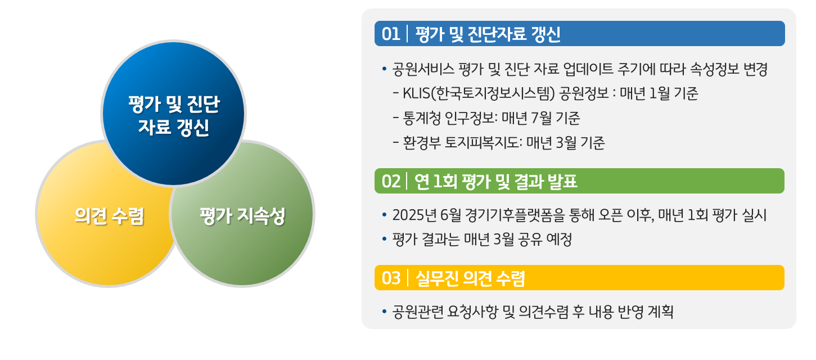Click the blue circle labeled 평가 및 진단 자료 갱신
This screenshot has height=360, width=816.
173,113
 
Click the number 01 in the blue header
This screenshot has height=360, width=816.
391,34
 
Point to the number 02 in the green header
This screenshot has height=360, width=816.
391,182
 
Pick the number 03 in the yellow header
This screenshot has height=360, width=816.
391,278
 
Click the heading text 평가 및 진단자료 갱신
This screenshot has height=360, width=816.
488,34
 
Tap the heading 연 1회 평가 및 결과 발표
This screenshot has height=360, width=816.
496,182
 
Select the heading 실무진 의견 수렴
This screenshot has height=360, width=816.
470,278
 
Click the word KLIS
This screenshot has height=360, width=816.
416,93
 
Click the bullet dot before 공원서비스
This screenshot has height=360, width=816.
384,69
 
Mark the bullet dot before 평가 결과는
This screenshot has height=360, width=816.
384,239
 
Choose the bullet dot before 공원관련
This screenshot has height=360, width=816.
384,312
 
